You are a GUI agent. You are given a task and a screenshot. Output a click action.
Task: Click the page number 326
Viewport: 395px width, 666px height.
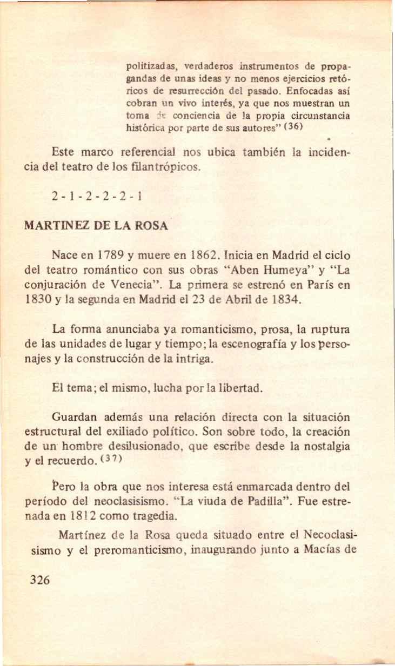41,580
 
